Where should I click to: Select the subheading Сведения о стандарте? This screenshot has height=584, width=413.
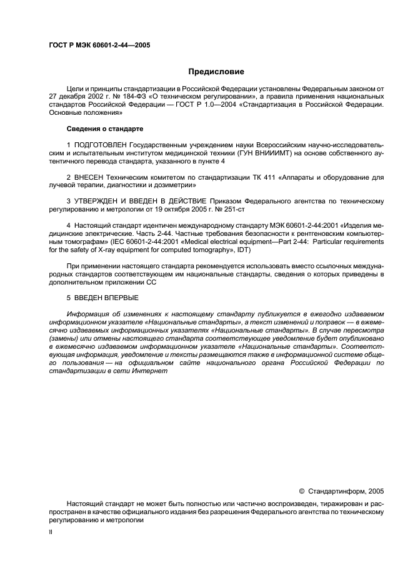pyautogui.click(x=105, y=129)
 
